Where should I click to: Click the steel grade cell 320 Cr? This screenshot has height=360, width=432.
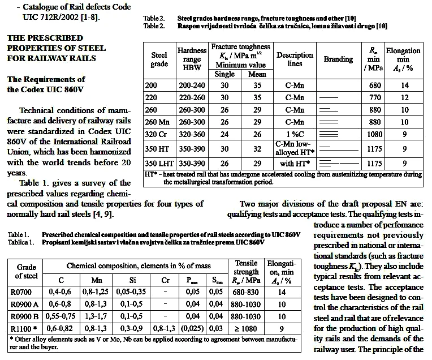pos(159,135)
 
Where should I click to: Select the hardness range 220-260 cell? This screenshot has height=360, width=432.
pos(192,97)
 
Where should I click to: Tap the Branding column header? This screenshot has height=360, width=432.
pos(338,59)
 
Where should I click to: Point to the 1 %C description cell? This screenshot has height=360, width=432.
pos(294,135)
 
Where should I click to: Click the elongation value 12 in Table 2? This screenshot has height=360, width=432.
pos(405,97)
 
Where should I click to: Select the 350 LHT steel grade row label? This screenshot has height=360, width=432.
pos(159,163)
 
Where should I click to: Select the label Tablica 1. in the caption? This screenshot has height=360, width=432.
pos(22,242)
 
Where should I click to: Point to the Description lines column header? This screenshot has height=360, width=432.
pos(294,59)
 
